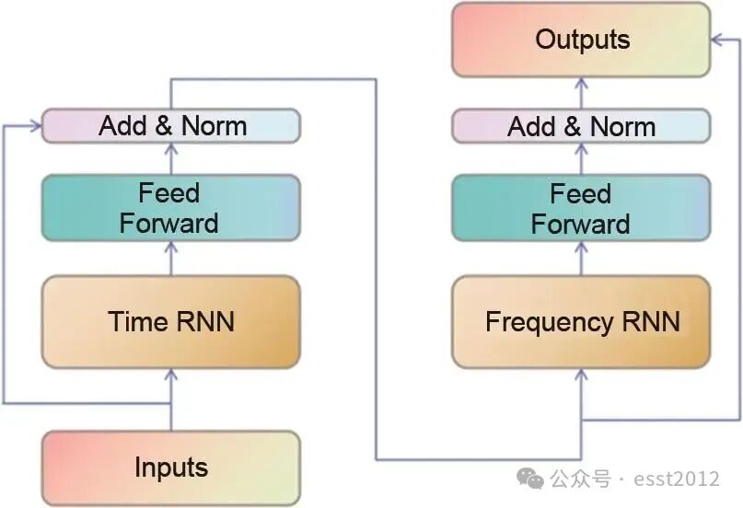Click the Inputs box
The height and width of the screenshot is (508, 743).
click(x=171, y=467)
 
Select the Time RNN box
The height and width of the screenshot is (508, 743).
click(x=171, y=321)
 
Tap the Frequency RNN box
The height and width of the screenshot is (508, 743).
click(x=581, y=321)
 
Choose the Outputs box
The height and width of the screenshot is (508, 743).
click(x=581, y=40)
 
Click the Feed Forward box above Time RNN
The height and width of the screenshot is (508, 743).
click(x=171, y=207)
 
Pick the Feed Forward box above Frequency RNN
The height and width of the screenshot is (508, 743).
click(x=581, y=208)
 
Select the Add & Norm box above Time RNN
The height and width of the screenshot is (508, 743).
click(x=171, y=125)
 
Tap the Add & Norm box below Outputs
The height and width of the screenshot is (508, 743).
click(x=581, y=126)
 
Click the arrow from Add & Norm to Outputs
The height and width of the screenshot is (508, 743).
click(x=581, y=93)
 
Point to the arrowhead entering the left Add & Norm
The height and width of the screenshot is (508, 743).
click(x=36, y=124)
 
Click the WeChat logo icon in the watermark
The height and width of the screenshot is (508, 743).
click(x=529, y=478)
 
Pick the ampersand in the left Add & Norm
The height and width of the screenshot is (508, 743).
click(x=165, y=125)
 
